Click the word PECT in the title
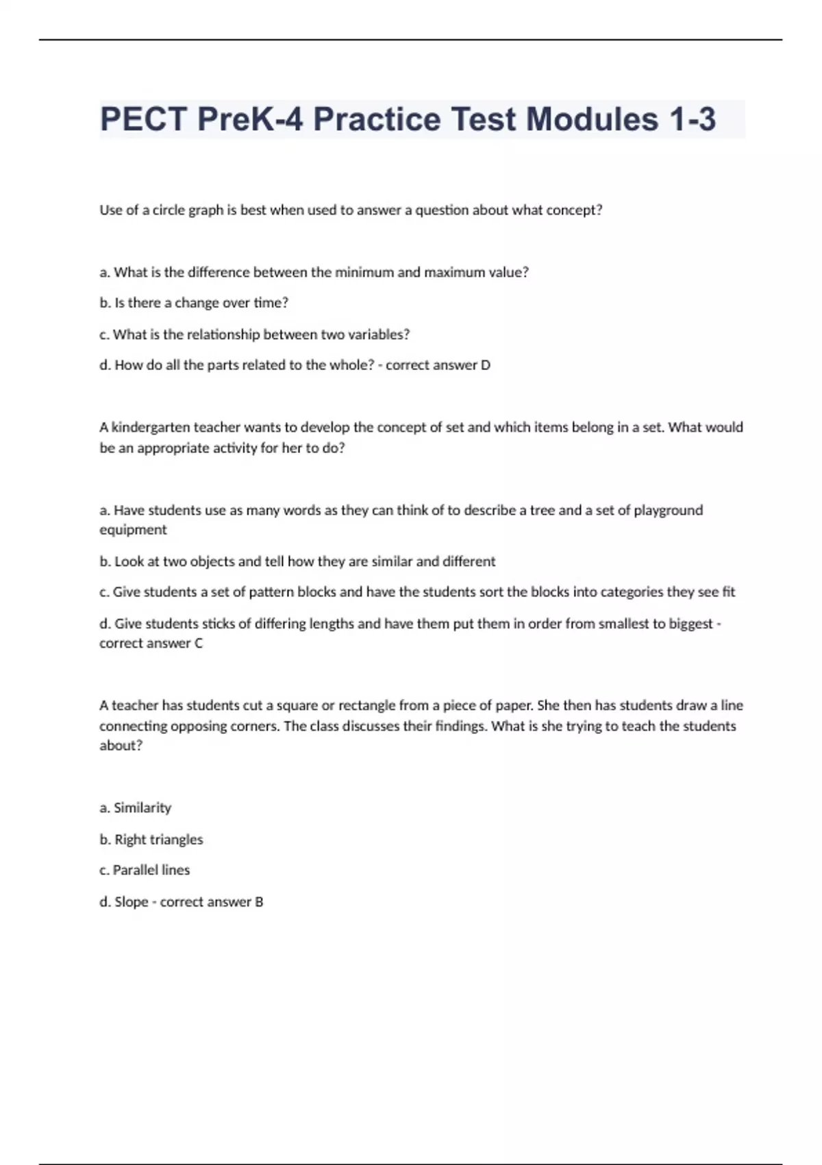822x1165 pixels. point(144,119)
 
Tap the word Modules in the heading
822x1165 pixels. point(593,119)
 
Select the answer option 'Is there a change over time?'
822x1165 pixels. point(194,303)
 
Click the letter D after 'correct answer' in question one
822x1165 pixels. point(486,365)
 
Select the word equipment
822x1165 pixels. point(133,530)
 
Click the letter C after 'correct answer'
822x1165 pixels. point(199,643)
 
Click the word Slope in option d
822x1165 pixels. point(132,902)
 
